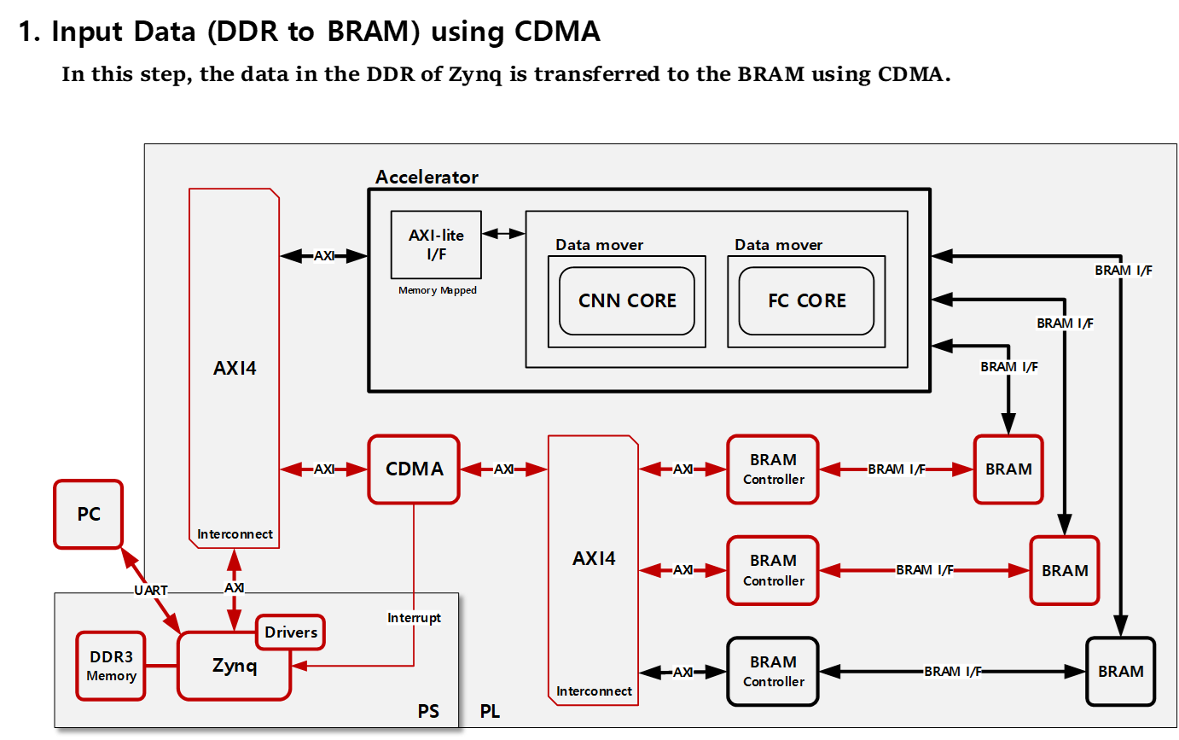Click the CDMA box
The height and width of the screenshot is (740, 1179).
414,469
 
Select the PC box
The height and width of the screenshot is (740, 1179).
89,514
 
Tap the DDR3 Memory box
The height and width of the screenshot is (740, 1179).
111,666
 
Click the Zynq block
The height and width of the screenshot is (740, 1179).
235,666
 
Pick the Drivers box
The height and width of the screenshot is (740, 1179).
291,632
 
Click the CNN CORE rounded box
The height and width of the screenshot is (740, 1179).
627,300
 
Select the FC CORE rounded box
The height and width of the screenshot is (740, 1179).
806,300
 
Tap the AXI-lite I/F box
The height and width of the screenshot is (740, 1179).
436,245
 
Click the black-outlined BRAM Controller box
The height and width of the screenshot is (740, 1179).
773,672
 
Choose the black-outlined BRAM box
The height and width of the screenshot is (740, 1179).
1121,672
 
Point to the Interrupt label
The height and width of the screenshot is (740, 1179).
414,617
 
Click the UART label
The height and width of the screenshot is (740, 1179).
150,591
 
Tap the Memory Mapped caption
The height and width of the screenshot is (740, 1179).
438,290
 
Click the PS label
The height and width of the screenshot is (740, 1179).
428,712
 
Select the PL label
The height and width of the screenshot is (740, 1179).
490,712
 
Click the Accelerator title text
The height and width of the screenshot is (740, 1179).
427,177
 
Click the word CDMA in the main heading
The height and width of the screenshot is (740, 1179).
557,31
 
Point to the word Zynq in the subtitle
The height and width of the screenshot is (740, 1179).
475,74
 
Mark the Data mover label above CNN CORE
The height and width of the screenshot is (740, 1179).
600,245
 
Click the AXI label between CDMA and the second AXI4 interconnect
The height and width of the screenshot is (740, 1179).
503,469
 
